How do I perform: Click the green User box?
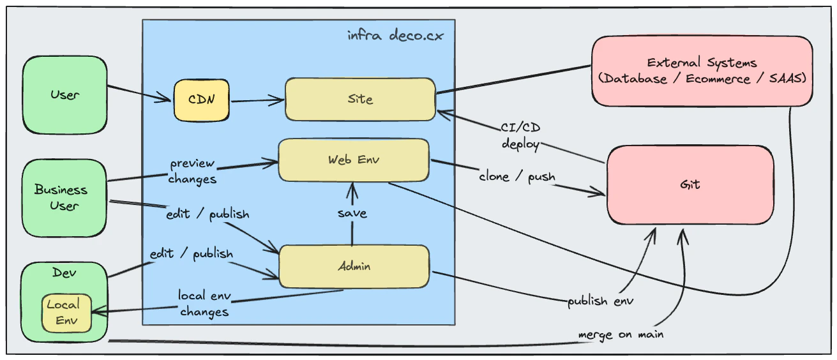64,94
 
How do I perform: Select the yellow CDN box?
201,100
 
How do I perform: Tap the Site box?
360,99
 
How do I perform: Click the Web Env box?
353,160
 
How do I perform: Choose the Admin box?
354,266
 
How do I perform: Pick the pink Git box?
690,184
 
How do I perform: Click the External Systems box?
702,71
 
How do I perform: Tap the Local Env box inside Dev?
66,313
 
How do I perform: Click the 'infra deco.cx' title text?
395,35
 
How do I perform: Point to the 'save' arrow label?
352,213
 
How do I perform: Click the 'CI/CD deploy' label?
520,136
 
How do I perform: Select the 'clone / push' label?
517,176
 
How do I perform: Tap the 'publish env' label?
600,301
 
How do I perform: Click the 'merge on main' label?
621,334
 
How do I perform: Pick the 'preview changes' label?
193,171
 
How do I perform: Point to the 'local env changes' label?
204,304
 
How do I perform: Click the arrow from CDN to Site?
257,100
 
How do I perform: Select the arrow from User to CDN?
140,93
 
